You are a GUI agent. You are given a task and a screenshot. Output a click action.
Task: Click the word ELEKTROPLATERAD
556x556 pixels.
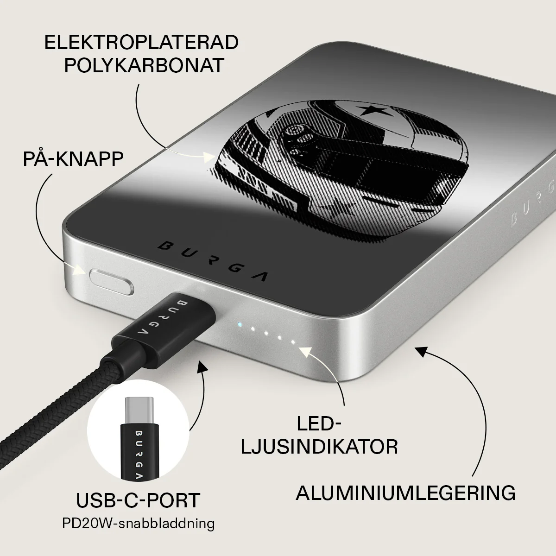click(x=141, y=42)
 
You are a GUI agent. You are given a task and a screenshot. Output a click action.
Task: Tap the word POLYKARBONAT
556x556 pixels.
click(x=144, y=65)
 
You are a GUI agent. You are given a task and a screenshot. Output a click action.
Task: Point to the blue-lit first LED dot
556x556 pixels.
click(x=239, y=325)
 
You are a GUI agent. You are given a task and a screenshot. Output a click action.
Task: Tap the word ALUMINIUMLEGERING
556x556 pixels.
click(x=406, y=493)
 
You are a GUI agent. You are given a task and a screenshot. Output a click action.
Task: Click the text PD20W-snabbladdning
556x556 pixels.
click(x=139, y=524)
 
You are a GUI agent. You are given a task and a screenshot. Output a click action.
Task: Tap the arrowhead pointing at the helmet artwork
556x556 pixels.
click(x=208, y=157)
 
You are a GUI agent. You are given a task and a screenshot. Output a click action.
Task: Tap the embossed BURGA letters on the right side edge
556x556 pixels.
click(x=532, y=203)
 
